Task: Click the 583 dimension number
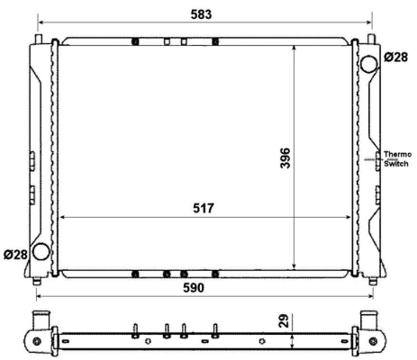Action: [x=201, y=14]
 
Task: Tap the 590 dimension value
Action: [x=194, y=288]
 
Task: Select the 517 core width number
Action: [x=204, y=208]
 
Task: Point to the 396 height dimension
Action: [x=285, y=157]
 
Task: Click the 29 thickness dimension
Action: [x=284, y=320]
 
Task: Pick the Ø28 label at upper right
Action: [x=396, y=57]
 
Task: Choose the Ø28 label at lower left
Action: [x=15, y=255]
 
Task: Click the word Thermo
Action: [x=398, y=154]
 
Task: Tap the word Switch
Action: [x=396, y=164]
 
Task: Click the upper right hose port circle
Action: [x=368, y=64]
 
